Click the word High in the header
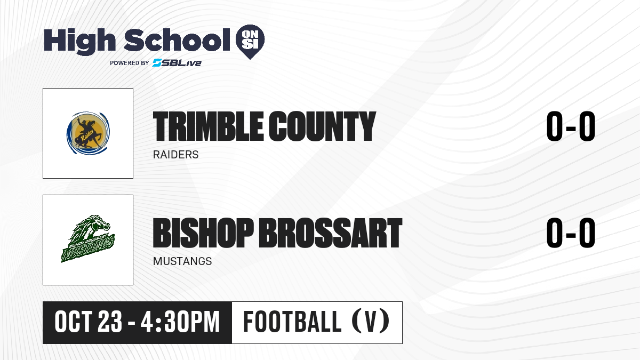click(x=79, y=41)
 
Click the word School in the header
click(x=177, y=39)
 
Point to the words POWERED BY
click(x=130, y=63)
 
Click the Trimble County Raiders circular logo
click(x=88, y=133)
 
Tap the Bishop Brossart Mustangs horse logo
click(x=88, y=239)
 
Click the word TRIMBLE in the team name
click(x=207, y=126)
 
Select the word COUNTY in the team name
click(x=322, y=126)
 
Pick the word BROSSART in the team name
click(x=331, y=233)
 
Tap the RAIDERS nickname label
click(x=175, y=155)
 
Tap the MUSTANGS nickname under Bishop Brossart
click(x=182, y=261)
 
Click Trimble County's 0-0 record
click(x=571, y=126)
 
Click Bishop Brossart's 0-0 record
click(x=571, y=233)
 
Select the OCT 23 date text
click(x=89, y=322)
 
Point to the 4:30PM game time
click(x=180, y=322)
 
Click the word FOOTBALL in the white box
click(x=292, y=322)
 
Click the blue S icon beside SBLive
click(x=157, y=63)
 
